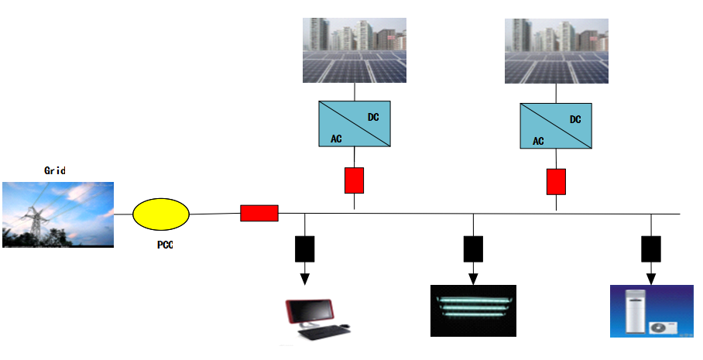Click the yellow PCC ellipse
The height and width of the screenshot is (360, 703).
pos(161,214)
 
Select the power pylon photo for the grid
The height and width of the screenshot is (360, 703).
pos(58,214)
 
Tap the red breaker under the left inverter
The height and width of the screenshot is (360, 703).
pos(354,180)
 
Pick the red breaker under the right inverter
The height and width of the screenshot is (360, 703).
pos(556,182)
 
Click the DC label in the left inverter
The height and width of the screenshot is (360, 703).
pos(372,116)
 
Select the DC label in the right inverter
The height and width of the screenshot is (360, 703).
pos(575,119)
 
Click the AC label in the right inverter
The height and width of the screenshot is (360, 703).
pos(538,142)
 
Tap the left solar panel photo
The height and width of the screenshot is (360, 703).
pos(355,50)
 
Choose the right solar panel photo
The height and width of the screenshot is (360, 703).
pos(557,50)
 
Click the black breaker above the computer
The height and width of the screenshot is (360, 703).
pos(304,248)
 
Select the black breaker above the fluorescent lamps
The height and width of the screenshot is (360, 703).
pos(473,248)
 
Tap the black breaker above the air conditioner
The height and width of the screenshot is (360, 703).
pos(650,248)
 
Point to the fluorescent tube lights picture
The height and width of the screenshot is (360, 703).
pos(472,310)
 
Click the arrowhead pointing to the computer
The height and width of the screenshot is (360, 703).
pos(304,277)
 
